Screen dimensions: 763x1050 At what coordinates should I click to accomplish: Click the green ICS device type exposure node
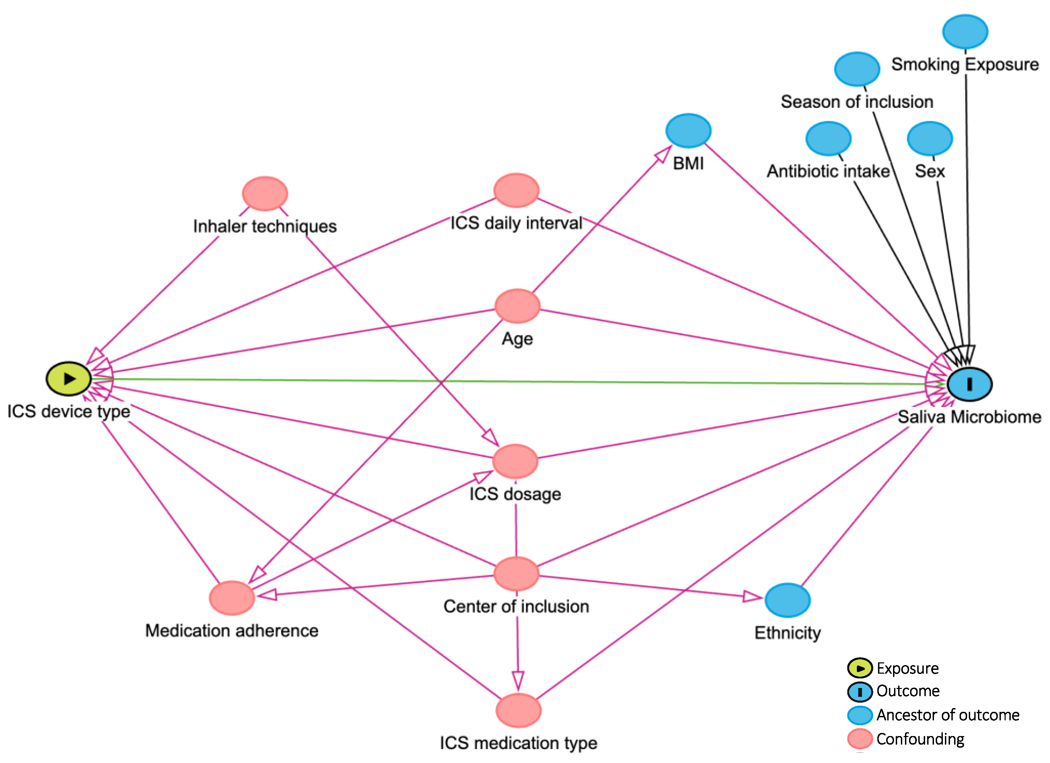tap(69, 379)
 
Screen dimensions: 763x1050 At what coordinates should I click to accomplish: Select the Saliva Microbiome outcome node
tap(969, 384)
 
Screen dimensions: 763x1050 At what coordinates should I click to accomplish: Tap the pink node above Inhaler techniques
tap(265, 193)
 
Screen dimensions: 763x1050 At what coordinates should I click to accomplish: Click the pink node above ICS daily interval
tap(516, 190)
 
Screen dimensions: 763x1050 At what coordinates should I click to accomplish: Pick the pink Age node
tap(517, 306)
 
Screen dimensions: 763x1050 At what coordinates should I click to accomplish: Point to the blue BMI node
tap(688, 131)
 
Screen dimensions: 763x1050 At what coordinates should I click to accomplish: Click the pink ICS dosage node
tap(515, 461)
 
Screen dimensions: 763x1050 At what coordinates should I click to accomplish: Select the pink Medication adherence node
tap(232, 598)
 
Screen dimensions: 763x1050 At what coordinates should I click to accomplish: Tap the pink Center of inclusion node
tap(516, 574)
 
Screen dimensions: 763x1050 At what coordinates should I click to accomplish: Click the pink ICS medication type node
tap(519, 710)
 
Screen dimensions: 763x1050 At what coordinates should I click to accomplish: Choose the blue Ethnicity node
tap(788, 600)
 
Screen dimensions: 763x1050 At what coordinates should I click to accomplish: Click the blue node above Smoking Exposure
tap(965, 31)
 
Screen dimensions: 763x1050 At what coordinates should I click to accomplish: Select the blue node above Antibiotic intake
tap(828, 138)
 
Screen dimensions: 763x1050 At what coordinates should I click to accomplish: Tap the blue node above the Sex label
tap(930, 138)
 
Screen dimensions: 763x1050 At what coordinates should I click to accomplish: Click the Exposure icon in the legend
tap(860, 668)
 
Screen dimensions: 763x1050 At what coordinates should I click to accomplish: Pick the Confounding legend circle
tap(860, 738)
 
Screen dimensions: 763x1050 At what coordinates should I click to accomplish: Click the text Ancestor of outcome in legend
tap(948, 715)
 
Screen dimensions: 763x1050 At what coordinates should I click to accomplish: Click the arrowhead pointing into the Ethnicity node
tap(753, 597)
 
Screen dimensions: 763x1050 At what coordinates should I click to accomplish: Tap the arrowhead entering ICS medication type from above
tap(518, 681)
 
